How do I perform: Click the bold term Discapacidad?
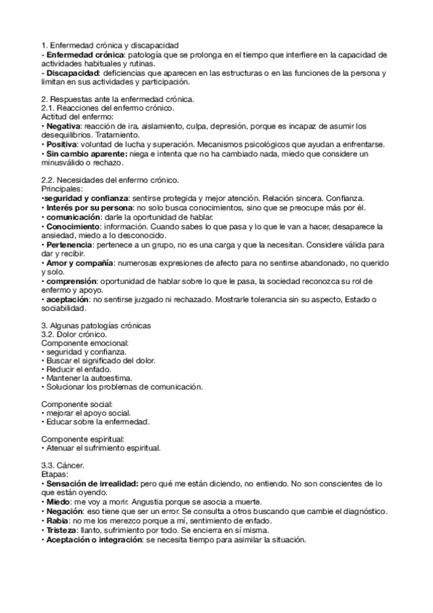coord(72,73)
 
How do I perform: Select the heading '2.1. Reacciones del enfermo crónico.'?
coord(107,108)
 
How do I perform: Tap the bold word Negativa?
coord(64,126)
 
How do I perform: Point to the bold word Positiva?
coord(63,145)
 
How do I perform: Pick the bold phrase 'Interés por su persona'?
coord(84,207)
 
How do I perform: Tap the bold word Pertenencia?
coord(69,244)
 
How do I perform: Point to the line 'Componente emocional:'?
coord(85,343)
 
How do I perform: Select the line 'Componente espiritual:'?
coord(83,439)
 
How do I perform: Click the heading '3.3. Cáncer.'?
coord(63,466)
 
